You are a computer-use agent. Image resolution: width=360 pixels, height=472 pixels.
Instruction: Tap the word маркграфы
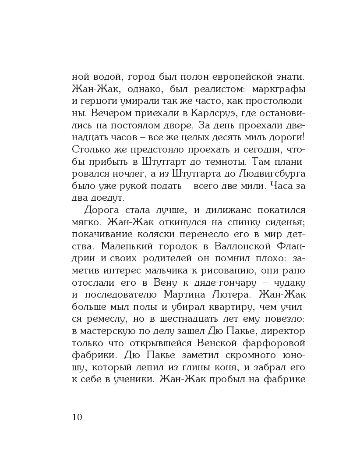tap(279, 89)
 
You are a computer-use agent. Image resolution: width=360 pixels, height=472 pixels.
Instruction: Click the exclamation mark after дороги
tap(304, 137)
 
